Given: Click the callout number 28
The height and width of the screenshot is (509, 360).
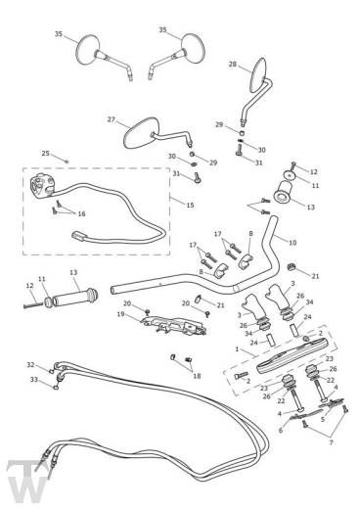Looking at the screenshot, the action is point(233,65).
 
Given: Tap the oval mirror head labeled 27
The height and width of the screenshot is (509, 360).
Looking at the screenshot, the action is point(141,133).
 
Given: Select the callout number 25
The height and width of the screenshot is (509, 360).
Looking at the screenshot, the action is point(46,154).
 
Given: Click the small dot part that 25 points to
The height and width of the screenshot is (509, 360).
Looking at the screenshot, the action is point(67,162).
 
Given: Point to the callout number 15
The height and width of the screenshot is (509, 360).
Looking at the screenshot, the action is point(190,205).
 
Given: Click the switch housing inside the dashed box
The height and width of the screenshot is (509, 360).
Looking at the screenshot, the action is point(41,186).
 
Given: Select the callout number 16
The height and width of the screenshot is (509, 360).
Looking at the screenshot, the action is point(81,213).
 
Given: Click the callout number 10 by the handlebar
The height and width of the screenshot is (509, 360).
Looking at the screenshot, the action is point(292,243).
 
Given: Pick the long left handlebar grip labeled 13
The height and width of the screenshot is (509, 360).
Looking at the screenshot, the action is point(75,297).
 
